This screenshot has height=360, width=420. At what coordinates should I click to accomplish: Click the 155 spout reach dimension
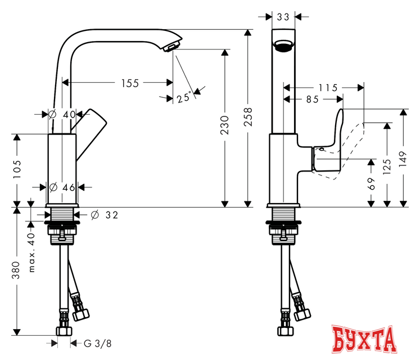tap(130, 83)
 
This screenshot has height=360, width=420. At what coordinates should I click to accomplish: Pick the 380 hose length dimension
tap(17, 269)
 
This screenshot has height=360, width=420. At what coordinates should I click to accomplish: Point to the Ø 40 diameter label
tap(62, 114)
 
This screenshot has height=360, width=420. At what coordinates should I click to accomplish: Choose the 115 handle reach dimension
tap(327, 88)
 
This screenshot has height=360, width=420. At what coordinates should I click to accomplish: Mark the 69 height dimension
tap(371, 183)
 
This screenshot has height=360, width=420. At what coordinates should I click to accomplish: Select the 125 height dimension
tap(387, 167)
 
